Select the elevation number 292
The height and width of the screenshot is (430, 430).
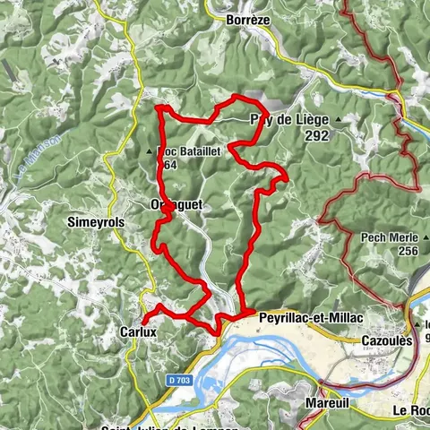pyautogui.click(x=316, y=137)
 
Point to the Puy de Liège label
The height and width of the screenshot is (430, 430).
pyautogui.click(x=291, y=118)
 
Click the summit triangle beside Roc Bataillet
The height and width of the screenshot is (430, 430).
pyautogui.click(x=150, y=150)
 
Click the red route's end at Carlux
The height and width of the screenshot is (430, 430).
pyautogui.click(x=143, y=320)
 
